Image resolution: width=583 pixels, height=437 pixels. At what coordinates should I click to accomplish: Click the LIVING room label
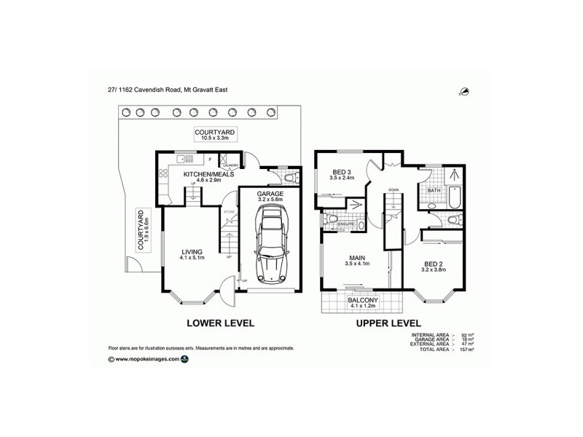(192, 253)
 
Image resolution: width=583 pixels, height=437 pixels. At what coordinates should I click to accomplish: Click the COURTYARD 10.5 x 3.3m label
(211, 134)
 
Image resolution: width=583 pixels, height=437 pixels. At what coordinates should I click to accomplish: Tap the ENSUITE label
(346, 224)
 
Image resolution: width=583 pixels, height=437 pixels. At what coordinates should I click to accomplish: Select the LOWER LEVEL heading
(220, 323)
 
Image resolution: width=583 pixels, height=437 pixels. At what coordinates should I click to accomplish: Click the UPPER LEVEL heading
(387, 323)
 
